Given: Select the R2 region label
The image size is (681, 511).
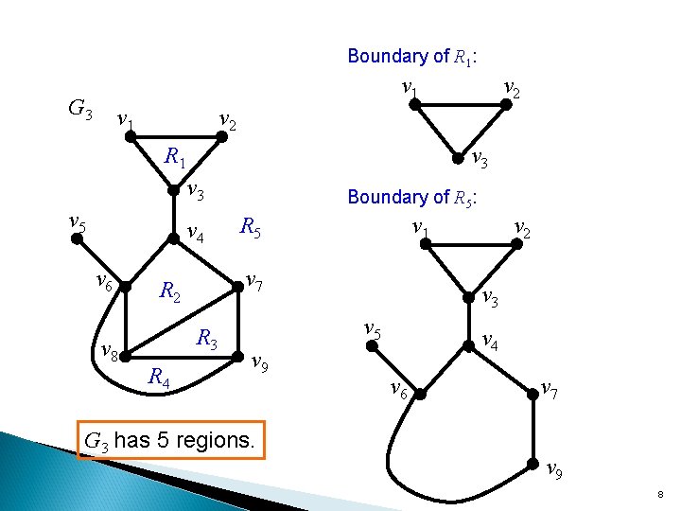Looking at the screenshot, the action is tap(170, 292).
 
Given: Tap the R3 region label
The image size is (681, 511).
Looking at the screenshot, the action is tap(207, 338).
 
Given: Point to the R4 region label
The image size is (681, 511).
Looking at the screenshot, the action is tap(159, 378).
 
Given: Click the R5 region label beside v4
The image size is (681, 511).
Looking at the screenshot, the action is tap(251, 227).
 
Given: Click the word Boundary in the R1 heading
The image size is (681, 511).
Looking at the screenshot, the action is tap(386, 57).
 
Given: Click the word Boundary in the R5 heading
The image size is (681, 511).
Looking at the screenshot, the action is tap(386, 198).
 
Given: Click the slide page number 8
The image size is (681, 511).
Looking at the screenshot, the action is tap(658, 495).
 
